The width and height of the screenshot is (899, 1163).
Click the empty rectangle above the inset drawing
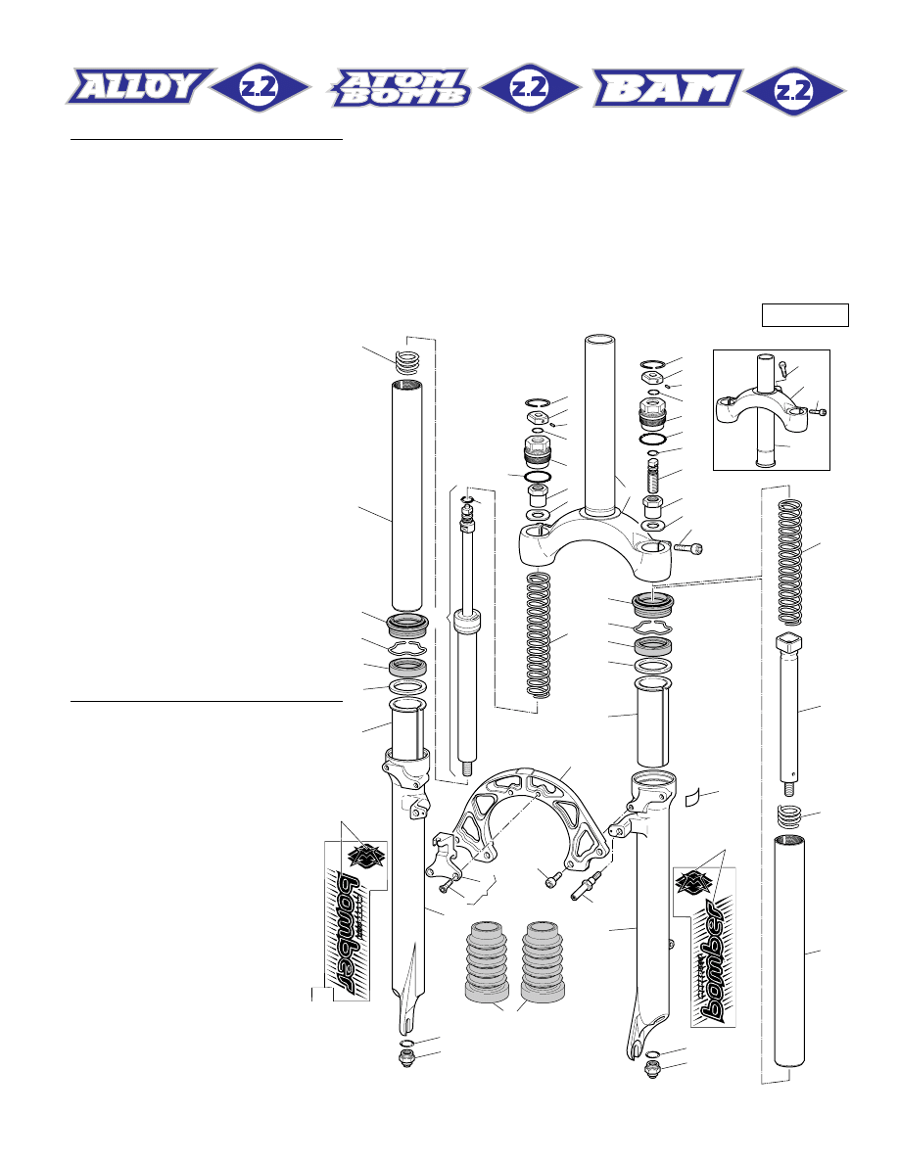pyautogui.click(x=805, y=314)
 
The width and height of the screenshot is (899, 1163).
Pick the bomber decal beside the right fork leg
pyautogui.click(x=713, y=946)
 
